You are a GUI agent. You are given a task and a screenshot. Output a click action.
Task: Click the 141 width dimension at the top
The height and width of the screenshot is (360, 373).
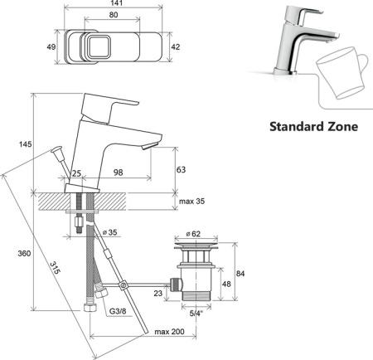click(116, 3)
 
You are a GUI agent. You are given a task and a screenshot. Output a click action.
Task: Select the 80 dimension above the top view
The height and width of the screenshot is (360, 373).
click(114, 15)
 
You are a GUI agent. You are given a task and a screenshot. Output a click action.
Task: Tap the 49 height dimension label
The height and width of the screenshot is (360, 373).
click(51, 46)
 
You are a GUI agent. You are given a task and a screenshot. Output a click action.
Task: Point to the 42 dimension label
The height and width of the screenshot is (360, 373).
click(176, 46)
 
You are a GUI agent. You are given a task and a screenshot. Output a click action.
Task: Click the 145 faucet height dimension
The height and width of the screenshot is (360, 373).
click(25, 144)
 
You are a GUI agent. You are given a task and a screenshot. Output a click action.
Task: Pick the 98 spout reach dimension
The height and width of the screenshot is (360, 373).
click(119, 173)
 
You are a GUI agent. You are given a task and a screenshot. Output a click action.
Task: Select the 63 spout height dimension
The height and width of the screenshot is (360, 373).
click(181, 169)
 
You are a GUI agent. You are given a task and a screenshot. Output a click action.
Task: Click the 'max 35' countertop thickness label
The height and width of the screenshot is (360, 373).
click(192, 201)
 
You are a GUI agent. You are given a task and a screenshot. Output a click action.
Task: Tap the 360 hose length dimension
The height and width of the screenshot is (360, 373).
click(24, 253)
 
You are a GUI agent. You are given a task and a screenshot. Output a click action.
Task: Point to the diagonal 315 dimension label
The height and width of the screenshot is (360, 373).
click(55, 268)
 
